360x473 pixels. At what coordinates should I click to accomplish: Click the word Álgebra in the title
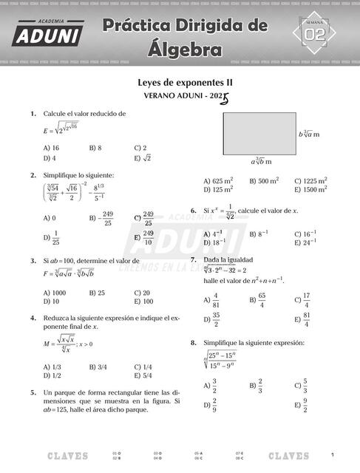click(x=185, y=50)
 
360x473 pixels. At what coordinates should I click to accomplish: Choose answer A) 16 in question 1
click(x=51, y=148)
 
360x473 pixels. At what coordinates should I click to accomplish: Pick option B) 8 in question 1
click(x=95, y=148)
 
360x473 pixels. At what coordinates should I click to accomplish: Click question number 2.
click(x=33, y=175)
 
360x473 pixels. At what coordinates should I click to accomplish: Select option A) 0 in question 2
click(x=50, y=218)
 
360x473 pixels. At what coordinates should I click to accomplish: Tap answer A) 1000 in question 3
click(x=55, y=293)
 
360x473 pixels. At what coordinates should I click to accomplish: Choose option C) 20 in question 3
click(x=142, y=293)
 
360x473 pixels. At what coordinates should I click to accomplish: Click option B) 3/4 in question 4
click(x=98, y=367)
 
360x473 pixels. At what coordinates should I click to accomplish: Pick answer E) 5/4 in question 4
click(x=143, y=375)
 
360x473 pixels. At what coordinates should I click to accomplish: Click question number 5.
click(x=33, y=392)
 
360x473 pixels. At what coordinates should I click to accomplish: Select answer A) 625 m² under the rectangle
click(x=218, y=180)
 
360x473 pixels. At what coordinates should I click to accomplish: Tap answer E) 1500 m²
click(x=310, y=189)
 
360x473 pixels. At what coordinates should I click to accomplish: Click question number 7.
click(x=194, y=260)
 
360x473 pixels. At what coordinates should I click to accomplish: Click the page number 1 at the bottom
click(x=333, y=454)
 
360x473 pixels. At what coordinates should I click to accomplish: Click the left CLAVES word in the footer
click(x=67, y=455)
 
